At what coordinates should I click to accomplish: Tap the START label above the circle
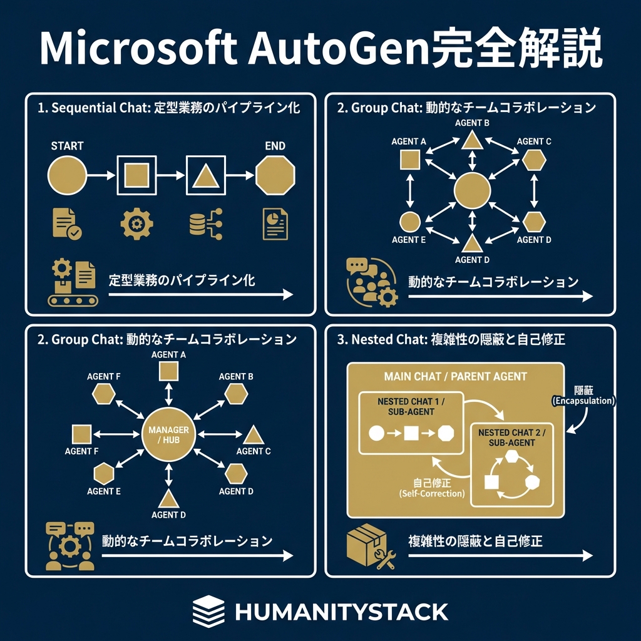point(67,146)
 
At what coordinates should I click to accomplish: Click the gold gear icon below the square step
point(135,224)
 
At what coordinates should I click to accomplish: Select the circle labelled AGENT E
point(409,221)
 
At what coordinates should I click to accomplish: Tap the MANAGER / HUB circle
point(168,435)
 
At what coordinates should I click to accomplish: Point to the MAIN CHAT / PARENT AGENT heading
point(455,377)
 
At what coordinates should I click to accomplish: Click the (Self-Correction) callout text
point(431,494)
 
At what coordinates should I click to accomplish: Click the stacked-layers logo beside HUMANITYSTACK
point(208,611)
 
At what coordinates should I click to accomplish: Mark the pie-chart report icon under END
point(274,223)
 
